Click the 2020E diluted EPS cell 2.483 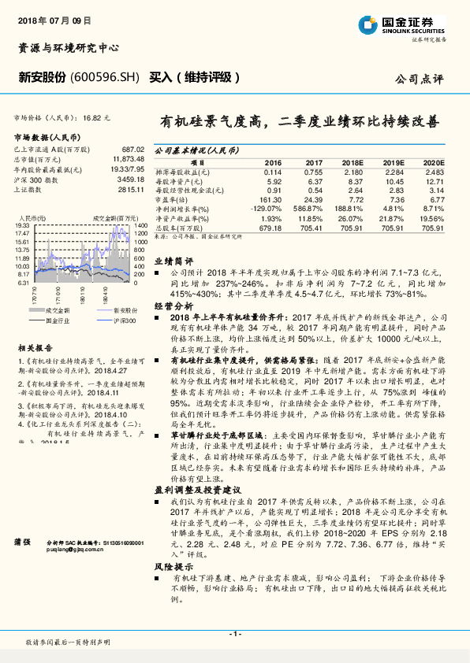tap(435, 171)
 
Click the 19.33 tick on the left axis tap(22, 225)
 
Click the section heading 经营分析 tap(173, 305)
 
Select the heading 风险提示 tap(173, 566)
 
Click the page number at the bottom tap(235, 634)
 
